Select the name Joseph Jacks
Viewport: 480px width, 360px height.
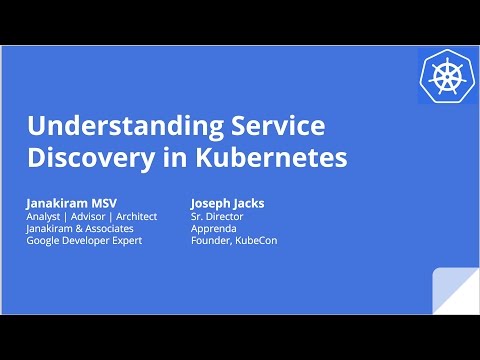[226, 202]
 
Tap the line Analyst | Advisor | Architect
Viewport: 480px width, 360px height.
[91, 216]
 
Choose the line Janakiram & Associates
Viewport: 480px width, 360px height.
[79, 229]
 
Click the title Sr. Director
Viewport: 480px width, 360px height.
[217, 216]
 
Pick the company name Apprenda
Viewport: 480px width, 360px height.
[213, 229]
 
